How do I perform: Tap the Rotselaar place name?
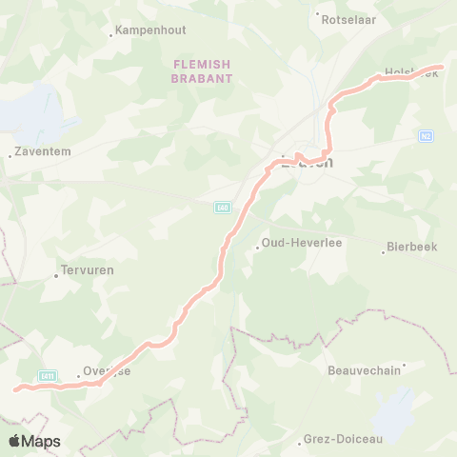point(348,18)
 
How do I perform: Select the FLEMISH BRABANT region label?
point(201,71)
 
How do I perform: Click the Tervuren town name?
point(87,270)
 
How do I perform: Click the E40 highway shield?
point(222,207)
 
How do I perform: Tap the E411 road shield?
point(48,376)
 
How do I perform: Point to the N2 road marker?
point(426,136)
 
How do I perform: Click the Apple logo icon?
point(14,441)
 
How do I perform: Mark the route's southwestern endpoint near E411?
point(15,388)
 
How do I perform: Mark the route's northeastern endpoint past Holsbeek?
point(442,67)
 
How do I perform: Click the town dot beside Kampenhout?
point(112,34)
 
